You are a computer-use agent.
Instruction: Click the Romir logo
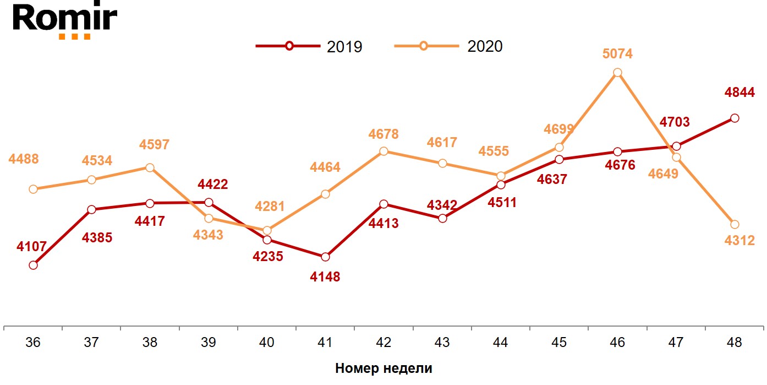coord(65,20)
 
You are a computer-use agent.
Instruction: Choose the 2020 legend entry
coord(448,46)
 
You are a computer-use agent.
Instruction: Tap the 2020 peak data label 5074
coord(617,54)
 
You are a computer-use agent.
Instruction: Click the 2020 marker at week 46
coord(617,73)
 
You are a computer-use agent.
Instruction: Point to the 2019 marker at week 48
coord(735,118)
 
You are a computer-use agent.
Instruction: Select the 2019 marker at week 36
coord(33,265)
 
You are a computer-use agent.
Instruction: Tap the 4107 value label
coord(32,247)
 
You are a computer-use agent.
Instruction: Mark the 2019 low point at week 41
coord(325,257)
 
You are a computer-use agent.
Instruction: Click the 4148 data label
coord(325,276)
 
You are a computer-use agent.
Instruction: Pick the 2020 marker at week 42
coord(383,151)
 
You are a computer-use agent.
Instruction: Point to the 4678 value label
coord(383,134)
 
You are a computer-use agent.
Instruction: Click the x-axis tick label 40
coord(267,343)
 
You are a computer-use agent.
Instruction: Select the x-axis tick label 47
coord(676,343)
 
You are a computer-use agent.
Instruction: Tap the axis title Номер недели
coord(383,368)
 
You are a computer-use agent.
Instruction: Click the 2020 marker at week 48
coord(735,224)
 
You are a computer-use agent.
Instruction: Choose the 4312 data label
coord(739,240)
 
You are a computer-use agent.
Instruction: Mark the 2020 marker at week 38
coord(150,167)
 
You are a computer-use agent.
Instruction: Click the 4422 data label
coord(212,185)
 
